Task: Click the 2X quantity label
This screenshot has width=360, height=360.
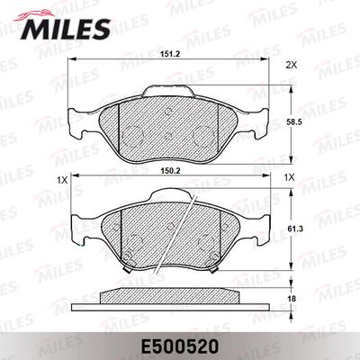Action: click(x=290, y=66)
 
